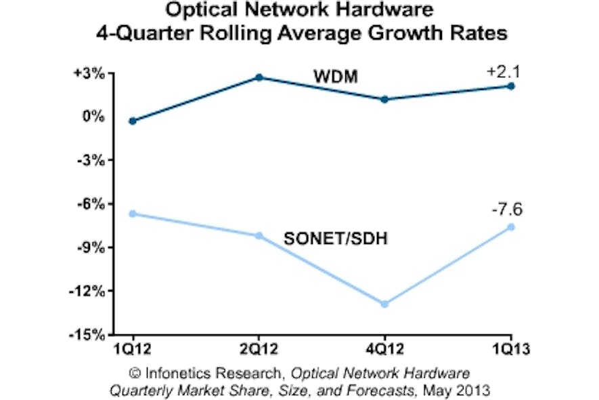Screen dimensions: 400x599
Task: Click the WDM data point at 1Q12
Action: click(x=133, y=121)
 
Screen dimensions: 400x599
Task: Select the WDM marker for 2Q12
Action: click(x=259, y=77)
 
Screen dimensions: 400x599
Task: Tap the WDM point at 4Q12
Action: click(x=384, y=99)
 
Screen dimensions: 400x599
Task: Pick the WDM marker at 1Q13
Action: click(x=511, y=86)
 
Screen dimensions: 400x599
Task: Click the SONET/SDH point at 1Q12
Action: click(x=133, y=214)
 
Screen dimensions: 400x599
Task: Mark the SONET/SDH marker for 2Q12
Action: click(x=259, y=235)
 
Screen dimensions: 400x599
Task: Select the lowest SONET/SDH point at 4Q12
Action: click(x=384, y=304)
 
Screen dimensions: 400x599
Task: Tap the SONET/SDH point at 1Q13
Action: click(x=511, y=227)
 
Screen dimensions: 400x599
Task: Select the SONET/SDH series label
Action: click(x=335, y=239)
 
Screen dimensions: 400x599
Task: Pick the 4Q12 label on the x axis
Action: click(x=384, y=350)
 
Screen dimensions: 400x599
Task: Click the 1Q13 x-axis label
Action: click(x=510, y=350)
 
